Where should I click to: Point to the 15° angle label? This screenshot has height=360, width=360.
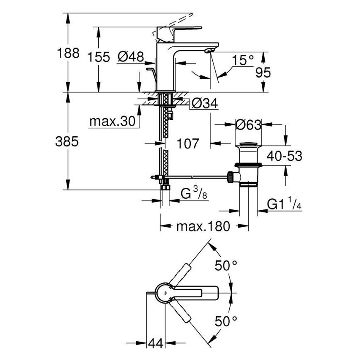(243, 61)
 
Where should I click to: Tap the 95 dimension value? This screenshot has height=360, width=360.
(263, 73)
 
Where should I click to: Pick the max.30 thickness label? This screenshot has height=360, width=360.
(112, 122)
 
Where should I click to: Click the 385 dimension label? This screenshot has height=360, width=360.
(67, 141)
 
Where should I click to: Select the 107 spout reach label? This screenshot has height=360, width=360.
(188, 144)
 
